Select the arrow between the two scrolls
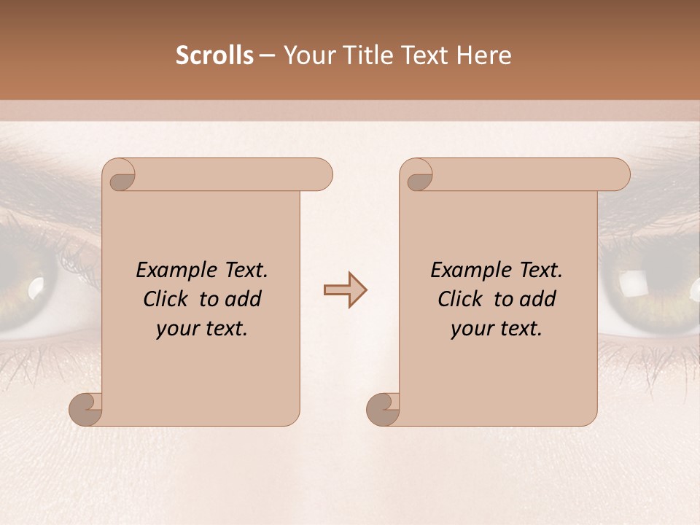point(345,290)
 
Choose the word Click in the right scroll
point(460,300)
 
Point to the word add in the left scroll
point(244,300)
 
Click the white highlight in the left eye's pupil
point(35,289)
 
